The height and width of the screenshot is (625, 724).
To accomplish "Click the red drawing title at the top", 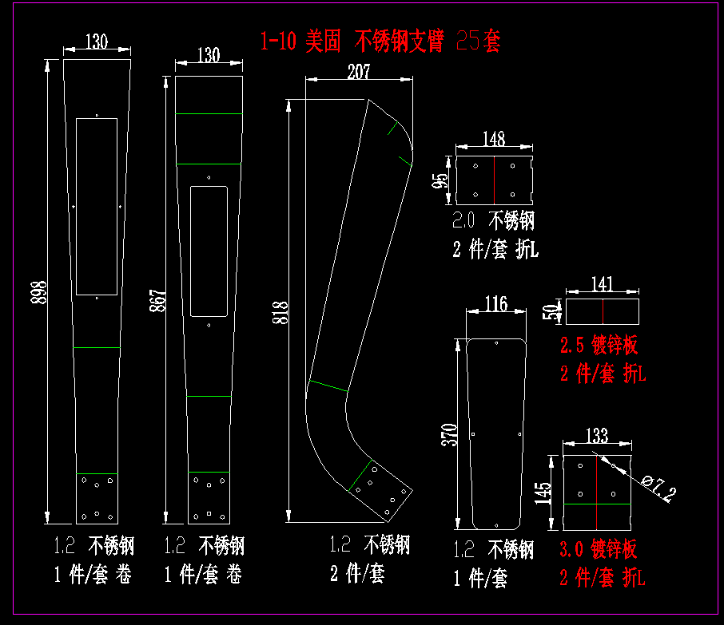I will (380, 40).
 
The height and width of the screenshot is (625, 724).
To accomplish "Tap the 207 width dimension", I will (359, 72).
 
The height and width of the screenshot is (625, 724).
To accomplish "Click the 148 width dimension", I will (494, 139).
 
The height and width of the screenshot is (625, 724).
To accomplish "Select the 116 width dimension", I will (495, 303).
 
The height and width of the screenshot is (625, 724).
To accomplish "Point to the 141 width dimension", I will (602, 283).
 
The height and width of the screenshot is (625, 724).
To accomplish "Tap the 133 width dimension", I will (597, 436).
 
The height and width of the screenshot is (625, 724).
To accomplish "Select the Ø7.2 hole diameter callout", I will (660, 486).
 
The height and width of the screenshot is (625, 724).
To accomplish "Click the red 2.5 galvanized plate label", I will (599, 345).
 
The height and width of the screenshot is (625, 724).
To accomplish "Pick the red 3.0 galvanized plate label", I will (599, 548).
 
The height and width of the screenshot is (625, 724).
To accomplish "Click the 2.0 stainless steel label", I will (493, 220).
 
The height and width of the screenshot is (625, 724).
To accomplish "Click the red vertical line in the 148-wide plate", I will (494, 180).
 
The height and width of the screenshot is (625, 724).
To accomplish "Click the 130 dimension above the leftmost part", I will (96, 42).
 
